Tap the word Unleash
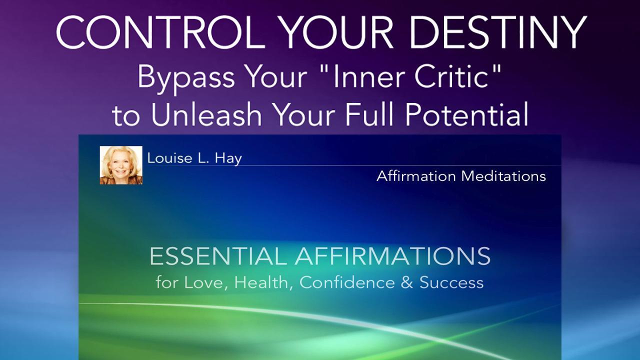click(206, 115)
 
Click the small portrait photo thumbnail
click(121, 165)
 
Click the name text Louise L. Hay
click(194, 158)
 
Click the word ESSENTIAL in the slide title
click(218, 256)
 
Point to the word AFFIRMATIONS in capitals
click(392, 256)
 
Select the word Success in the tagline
click(451, 282)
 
